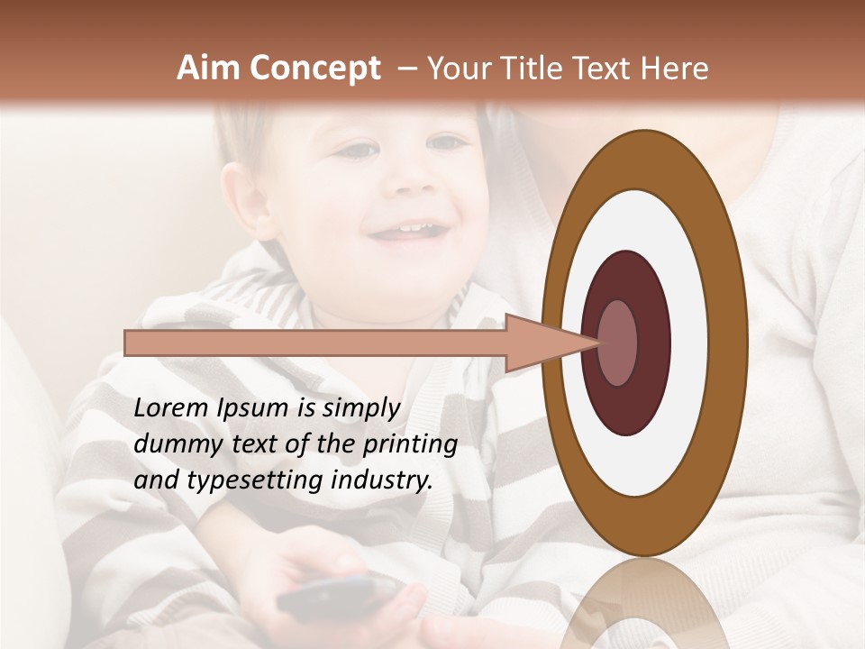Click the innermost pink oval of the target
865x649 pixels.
click(x=618, y=343)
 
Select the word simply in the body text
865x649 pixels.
click(x=355, y=409)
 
